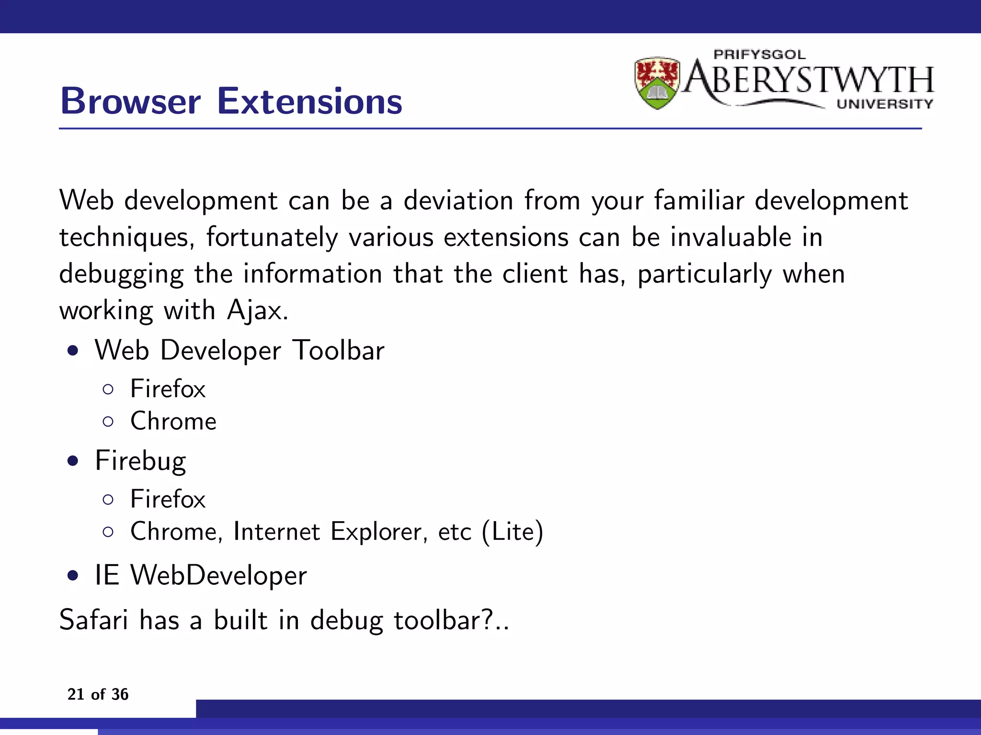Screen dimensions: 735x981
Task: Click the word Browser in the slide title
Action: tap(130, 101)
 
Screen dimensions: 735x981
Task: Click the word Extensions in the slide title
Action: tap(309, 101)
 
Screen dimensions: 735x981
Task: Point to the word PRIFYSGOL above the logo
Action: tap(759, 55)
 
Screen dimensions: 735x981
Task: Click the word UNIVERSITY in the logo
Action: tap(885, 104)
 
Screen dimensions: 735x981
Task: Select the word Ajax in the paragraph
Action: tap(257, 311)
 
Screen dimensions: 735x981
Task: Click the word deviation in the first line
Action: tap(458, 200)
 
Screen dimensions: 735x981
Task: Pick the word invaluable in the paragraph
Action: tap(730, 237)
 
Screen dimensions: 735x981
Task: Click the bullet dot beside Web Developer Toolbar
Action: tap(73, 351)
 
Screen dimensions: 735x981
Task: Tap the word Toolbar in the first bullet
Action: tap(339, 350)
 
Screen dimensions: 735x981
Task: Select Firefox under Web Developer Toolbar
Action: tap(168, 389)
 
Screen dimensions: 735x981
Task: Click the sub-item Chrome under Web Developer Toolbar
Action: tap(173, 422)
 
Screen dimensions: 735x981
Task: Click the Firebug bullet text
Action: tap(140, 461)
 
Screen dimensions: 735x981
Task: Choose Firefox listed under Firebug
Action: tap(168, 499)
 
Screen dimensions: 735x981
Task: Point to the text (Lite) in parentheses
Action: tap(513, 532)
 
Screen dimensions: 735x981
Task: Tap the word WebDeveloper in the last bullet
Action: tap(218, 575)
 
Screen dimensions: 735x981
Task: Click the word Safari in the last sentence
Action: tap(94, 620)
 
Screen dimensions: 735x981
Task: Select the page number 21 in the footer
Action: tap(76, 694)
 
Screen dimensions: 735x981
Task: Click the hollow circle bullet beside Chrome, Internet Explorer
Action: tap(108, 532)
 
